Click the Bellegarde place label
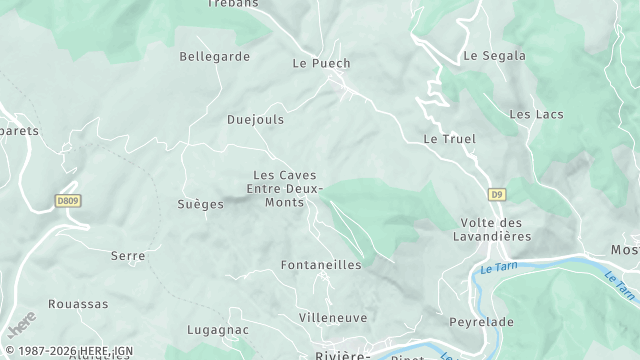click(x=214, y=57)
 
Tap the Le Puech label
click(x=321, y=63)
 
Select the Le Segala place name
click(x=494, y=56)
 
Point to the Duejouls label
click(x=255, y=119)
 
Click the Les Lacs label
click(x=536, y=115)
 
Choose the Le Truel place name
click(x=449, y=139)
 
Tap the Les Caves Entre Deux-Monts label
click(x=286, y=188)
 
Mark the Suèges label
click(x=201, y=204)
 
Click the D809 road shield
click(x=68, y=201)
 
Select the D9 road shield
click(x=497, y=194)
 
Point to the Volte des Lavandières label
click(x=492, y=229)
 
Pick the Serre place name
click(x=128, y=256)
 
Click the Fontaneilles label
click(x=321, y=265)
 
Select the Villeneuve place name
click(x=333, y=318)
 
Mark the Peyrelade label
click(x=481, y=323)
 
